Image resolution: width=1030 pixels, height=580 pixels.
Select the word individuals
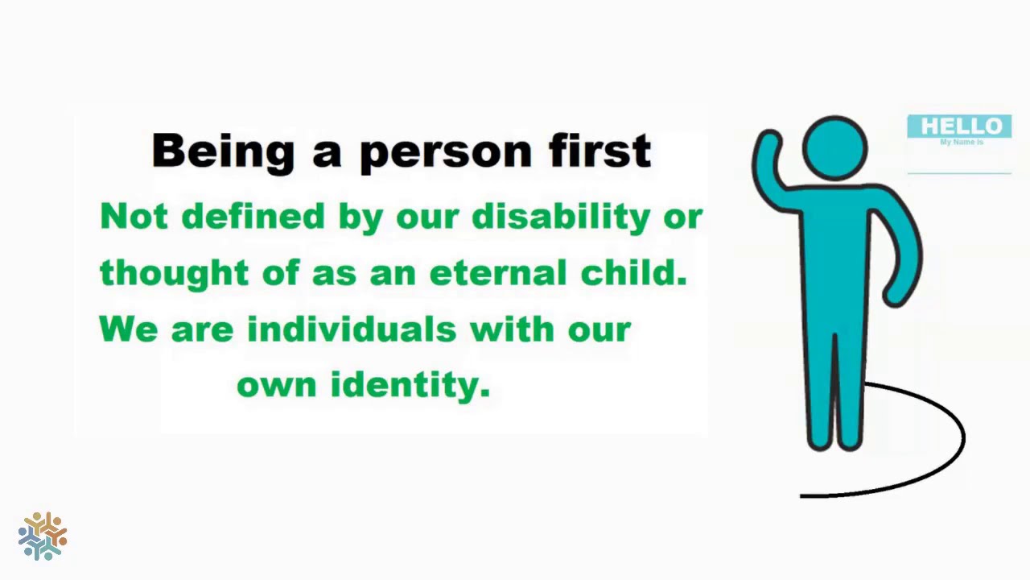coord(352,329)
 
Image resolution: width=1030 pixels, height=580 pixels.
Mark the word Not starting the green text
coord(134,217)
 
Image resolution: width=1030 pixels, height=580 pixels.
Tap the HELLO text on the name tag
coord(961,126)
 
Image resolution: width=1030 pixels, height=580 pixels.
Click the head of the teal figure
coord(834,148)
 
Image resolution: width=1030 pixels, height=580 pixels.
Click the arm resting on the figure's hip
coord(905,258)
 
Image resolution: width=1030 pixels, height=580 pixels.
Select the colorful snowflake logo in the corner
coord(43,536)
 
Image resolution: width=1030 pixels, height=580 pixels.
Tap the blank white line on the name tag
coord(959,172)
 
